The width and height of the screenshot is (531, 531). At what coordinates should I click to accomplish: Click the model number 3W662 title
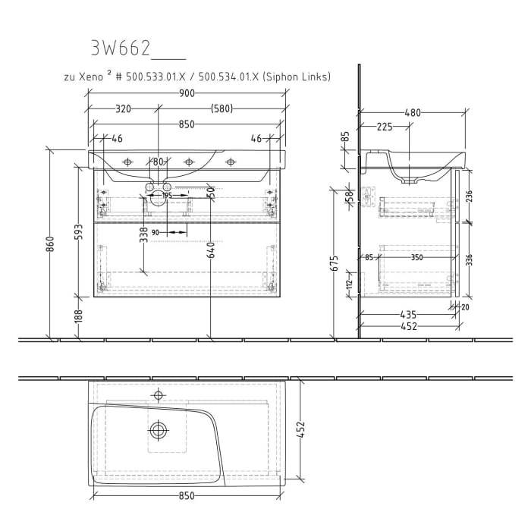121,49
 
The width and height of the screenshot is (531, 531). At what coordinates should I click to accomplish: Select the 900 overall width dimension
187,93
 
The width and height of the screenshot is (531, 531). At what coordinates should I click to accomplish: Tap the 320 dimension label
124,109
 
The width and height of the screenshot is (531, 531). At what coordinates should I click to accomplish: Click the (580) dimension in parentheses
222,109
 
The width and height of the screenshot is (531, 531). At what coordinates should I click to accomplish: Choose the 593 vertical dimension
78,231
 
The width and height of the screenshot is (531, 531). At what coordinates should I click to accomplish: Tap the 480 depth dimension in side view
412,113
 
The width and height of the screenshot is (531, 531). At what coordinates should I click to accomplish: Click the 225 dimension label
385,127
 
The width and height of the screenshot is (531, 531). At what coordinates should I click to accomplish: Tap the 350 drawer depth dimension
416,258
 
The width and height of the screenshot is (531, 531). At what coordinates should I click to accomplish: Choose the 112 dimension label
349,284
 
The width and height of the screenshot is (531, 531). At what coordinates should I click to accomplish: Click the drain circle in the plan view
159,430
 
